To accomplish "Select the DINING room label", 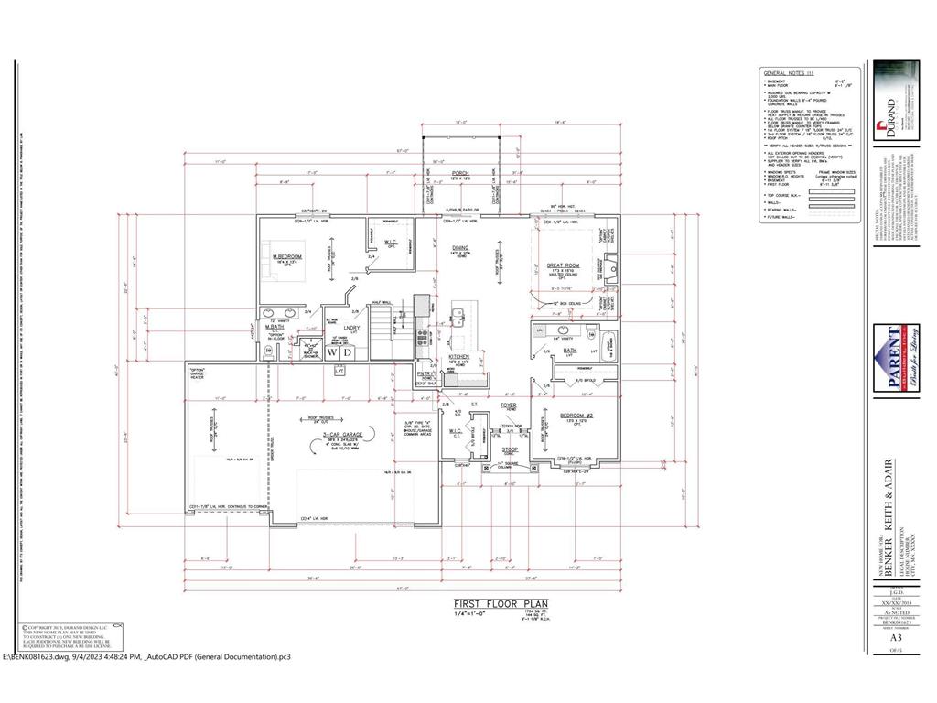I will pyautogui.click(x=459, y=247).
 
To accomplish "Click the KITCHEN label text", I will pyautogui.click(x=458, y=357).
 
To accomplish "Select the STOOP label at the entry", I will pyautogui.click(x=510, y=449).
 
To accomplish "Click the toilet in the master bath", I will pyautogui.click(x=268, y=350).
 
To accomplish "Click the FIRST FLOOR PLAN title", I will pyautogui.click(x=494, y=604).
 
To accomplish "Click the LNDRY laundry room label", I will pyautogui.click(x=351, y=327).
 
